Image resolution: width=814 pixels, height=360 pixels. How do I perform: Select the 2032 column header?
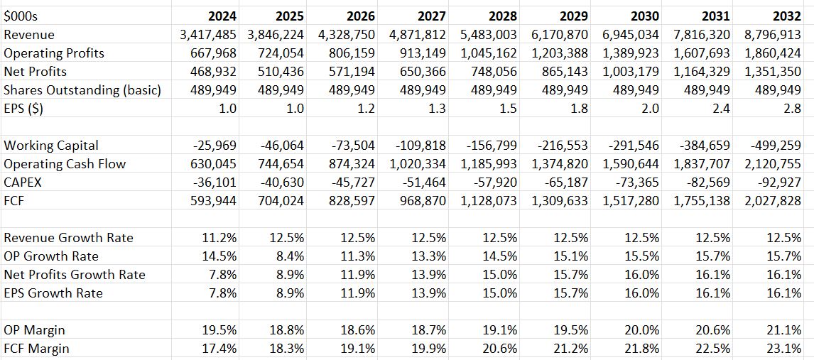point(786,16)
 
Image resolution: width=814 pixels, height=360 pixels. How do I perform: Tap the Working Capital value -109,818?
point(422,146)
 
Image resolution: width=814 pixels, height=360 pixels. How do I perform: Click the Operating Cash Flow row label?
point(65,164)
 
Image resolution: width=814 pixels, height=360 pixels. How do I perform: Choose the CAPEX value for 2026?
point(354,182)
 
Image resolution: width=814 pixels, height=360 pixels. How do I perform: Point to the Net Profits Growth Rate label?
point(75,275)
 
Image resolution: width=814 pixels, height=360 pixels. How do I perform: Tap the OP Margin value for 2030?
point(644,330)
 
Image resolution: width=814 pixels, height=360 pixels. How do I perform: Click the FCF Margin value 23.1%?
point(786,349)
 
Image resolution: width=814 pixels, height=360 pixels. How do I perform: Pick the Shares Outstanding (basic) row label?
point(82,90)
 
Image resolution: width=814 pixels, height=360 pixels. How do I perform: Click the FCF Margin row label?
point(37,349)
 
